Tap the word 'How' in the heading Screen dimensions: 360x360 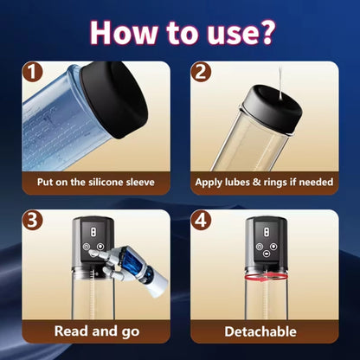[124, 32]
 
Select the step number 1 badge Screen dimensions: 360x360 [32, 72]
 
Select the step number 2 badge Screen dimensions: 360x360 [201, 72]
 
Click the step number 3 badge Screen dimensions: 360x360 [32, 221]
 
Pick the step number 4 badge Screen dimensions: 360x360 [201, 221]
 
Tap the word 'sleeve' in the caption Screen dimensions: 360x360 [140, 183]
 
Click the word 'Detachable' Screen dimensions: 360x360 [260, 331]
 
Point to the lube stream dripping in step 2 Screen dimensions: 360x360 [280, 84]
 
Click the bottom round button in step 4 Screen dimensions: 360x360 [267, 254]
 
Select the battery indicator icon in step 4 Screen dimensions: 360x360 [267, 231]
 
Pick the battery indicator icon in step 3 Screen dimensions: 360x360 [93, 231]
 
